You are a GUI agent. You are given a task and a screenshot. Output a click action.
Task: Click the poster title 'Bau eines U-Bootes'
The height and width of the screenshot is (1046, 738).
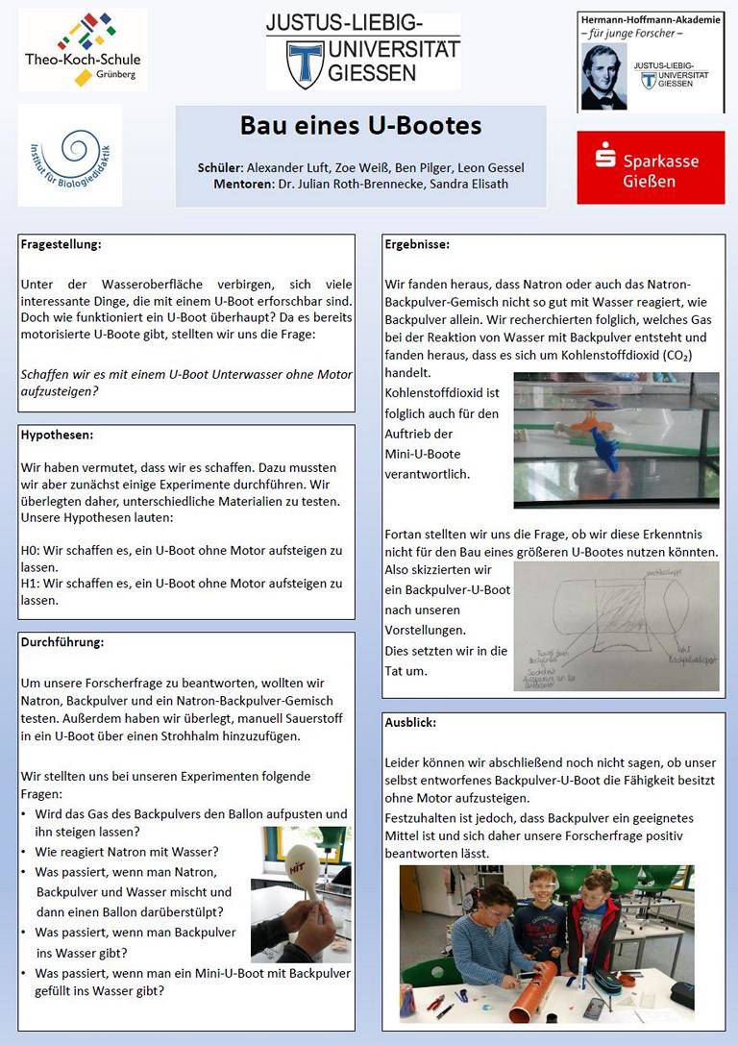pyautogui.click(x=360, y=127)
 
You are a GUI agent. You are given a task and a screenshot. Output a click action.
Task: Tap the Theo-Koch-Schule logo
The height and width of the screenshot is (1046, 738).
pyautogui.click(x=83, y=49)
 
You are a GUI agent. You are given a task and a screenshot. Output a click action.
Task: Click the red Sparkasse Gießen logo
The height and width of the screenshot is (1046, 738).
pyautogui.click(x=651, y=168)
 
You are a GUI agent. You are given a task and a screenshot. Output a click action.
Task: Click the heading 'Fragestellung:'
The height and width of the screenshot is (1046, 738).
pyautogui.click(x=61, y=245)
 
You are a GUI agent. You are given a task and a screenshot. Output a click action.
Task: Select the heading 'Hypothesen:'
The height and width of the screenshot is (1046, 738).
pyautogui.click(x=57, y=435)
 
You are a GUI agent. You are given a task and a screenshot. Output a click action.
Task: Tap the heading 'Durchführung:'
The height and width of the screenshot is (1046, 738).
pyautogui.click(x=61, y=642)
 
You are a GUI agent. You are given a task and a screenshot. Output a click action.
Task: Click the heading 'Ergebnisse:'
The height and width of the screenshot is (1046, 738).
pyautogui.click(x=417, y=244)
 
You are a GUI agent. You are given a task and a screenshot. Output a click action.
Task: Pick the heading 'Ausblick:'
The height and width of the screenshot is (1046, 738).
pyautogui.click(x=410, y=721)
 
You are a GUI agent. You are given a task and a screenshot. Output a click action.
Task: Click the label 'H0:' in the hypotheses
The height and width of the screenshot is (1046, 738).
pyautogui.click(x=31, y=551)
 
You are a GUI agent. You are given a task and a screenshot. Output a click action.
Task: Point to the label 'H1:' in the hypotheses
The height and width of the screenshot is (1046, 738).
pyautogui.click(x=31, y=583)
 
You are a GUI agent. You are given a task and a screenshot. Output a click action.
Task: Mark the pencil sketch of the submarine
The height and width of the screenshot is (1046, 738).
pyautogui.click(x=616, y=626)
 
